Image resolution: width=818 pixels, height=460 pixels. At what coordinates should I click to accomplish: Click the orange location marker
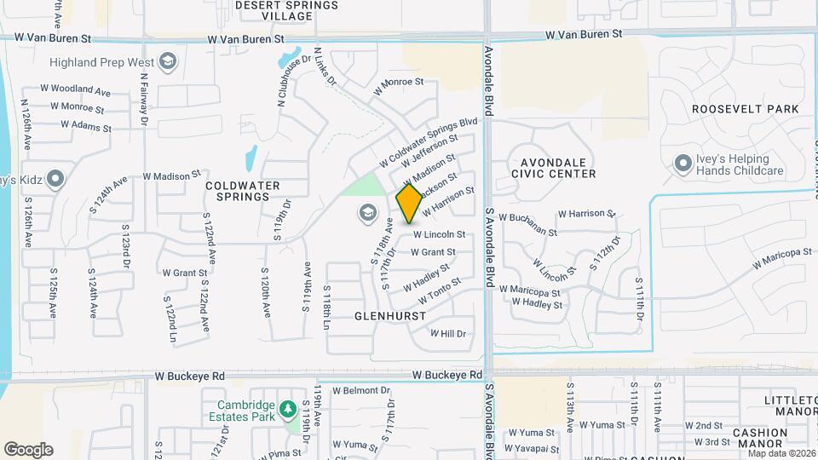click(x=409, y=204)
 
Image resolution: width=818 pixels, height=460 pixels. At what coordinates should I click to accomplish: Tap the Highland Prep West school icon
click(x=169, y=61)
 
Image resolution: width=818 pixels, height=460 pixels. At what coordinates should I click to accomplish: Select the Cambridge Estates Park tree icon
click(x=288, y=411)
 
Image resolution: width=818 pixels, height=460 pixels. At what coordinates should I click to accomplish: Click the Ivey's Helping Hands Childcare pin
click(x=683, y=163)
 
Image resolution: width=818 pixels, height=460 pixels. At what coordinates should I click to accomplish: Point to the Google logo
click(x=28, y=449)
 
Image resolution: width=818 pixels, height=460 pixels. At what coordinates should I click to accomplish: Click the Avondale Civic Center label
click(x=554, y=168)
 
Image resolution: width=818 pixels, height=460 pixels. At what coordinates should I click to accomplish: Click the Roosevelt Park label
click(x=745, y=109)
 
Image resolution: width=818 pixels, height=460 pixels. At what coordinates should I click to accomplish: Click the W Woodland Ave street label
click(x=77, y=89)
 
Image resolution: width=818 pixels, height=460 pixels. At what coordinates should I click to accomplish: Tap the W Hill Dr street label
click(x=449, y=334)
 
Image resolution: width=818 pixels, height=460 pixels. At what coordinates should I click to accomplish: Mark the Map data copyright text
click(x=781, y=452)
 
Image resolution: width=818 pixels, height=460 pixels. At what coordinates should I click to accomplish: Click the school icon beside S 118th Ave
click(x=368, y=212)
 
